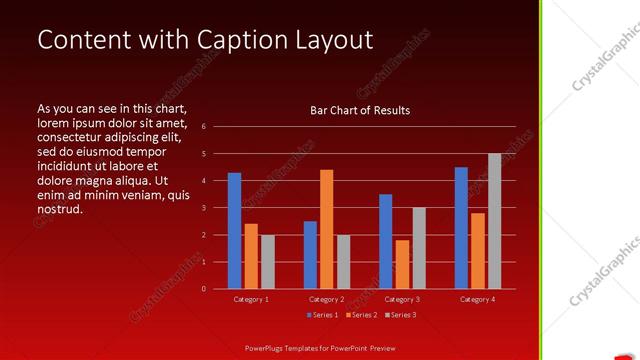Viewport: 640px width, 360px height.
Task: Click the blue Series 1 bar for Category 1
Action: [x=234, y=231]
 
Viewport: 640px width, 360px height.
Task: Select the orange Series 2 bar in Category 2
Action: [x=326, y=229]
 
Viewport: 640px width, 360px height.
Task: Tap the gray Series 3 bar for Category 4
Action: [x=494, y=221]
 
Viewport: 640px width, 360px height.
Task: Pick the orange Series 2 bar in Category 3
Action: [x=402, y=264]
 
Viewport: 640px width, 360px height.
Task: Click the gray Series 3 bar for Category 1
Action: [x=267, y=262]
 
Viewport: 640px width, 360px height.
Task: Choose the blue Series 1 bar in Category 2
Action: [x=310, y=255]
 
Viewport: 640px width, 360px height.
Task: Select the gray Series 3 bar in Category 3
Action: [x=419, y=248]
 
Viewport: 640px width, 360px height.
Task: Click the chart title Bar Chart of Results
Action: [x=360, y=111]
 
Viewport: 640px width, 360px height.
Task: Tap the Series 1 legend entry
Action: [x=322, y=315]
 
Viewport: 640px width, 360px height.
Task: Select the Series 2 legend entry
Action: [x=360, y=315]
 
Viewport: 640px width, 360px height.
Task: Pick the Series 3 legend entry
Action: [x=400, y=315]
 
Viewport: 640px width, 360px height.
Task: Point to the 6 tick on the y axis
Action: [x=203, y=127]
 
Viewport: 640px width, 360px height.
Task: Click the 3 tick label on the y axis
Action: [x=203, y=208]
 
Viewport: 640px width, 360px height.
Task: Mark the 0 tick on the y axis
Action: [x=203, y=289]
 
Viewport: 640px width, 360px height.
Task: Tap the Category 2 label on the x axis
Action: [x=326, y=299]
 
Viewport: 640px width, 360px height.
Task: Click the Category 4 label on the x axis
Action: [x=478, y=299]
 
